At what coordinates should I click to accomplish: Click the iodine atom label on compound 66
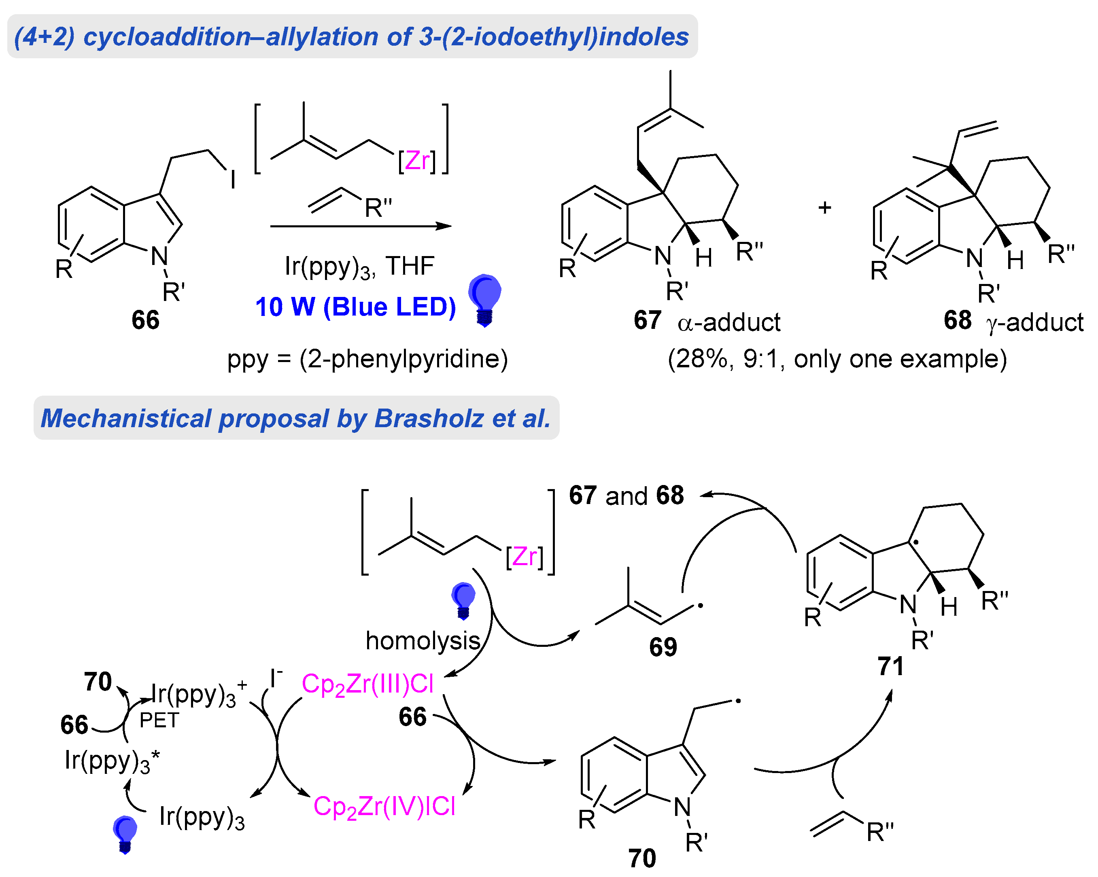pyautogui.click(x=233, y=180)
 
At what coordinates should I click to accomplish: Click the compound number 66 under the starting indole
pyautogui.click(x=145, y=320)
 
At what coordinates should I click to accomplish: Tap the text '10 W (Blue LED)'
pyautogui.click(x=355, y=307)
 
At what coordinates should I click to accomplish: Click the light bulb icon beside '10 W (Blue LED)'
pyautogui.click(x=484, y=299)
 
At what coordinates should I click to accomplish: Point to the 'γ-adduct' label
pyautogui.click(x=1035, y=322)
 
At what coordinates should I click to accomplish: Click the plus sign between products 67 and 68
pyautogui.click(x=824, y=207)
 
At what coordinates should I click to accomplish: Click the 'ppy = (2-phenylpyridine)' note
pyautogui.click(x=367, y=359)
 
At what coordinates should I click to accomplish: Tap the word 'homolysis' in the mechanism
pyautogui.click(x=423, y=640)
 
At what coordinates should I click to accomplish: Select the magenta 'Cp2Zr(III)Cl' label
pyautogui.click(x=367, y=684)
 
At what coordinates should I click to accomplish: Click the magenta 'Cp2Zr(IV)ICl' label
pyautogui.click(x=384, y=806)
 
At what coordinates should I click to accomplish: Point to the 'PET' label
pyautogui.click(x=159, y=720)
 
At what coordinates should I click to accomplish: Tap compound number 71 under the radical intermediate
pyautogui.click(x=890, y=666)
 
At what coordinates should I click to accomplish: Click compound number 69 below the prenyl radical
pyautogui.click(x=663, y=647)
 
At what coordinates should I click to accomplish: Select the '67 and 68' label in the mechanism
pyautogui.click(x=626, y=495)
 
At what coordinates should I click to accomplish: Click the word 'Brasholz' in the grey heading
pyautogui.click(x=429, y=418)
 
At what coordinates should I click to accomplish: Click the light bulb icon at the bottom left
pyautogui.click(x=125, y=834)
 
